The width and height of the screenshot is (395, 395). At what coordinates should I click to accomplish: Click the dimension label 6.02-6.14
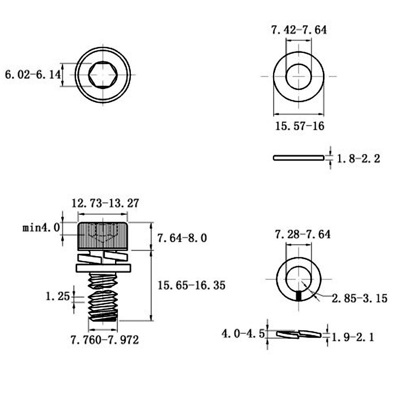pyautogui.click(x=33, y=75)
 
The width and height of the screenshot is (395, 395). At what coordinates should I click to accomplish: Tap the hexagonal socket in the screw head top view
pyautogui.click(x=103, y=75)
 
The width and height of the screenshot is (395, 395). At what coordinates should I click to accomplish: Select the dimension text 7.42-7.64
pyautogui.click(x=299, y=30)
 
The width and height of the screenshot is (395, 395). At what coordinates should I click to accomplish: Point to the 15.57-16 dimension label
pyautogui.click(x=300, y=126)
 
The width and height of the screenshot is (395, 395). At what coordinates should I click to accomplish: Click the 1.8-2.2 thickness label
pyautogui.click(x=358, y=158)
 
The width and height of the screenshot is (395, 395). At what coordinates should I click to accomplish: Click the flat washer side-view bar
pyautogui.click(x=299, y=158)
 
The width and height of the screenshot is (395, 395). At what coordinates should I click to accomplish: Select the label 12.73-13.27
pyautogui.click(x=105, y=203)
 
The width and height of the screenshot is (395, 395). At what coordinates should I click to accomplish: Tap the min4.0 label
pyautogui.click(x=41, y=228)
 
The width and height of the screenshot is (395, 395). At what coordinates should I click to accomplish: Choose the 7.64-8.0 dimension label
pyautogui.click(x=182, y=238)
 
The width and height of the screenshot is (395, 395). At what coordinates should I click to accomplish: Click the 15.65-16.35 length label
pyautogui.click(x=192, y=285)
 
